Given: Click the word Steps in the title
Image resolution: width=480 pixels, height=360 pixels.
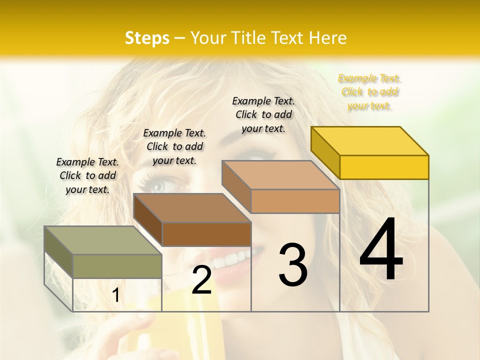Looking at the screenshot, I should click(147, 38).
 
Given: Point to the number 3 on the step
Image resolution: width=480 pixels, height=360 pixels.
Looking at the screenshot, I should click(293, 265).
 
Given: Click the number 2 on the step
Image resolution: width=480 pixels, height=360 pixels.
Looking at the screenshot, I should click(201, 280).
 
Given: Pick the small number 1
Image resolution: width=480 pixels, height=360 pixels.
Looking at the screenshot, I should click(116, 295).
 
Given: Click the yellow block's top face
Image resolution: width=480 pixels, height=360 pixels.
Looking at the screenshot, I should click(370, 141).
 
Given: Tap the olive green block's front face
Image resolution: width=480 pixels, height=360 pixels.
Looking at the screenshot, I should click(117, 266).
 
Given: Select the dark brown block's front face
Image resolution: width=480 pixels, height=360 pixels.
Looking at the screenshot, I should click(206, 234).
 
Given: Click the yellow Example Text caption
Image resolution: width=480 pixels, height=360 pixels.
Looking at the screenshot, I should click(369, 92).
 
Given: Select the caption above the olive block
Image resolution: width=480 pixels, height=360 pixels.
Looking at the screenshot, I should click(88, 175).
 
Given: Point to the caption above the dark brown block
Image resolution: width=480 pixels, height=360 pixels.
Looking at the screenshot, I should click(174, 146).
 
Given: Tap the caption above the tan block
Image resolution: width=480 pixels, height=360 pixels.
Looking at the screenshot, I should click(263, 114).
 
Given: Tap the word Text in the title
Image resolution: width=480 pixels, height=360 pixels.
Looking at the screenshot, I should click(287, 38).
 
